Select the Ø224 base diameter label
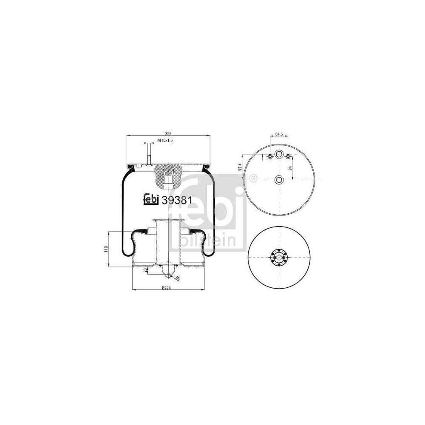coord(167,288)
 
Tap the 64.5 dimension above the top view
coord(279,134)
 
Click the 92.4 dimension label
coord(241,167)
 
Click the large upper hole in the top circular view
coord(279,155)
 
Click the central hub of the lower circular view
coord(278,258)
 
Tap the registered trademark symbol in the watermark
coord(254,178)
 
